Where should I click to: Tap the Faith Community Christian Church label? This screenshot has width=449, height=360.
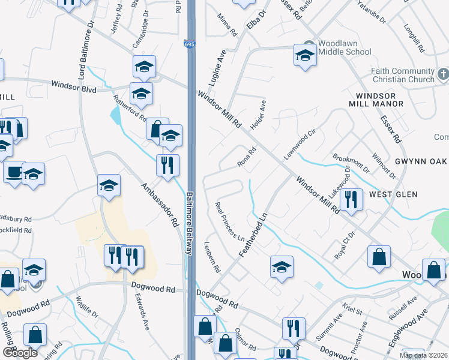[402, 75]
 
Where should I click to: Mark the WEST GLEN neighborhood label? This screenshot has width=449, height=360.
[393, 194]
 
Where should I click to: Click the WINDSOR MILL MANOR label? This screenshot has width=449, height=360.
[380, 100]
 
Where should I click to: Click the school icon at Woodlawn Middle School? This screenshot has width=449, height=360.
[305, 56]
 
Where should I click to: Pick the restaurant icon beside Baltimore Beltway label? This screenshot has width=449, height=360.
[167, 164]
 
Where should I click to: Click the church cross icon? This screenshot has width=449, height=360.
[443, 74]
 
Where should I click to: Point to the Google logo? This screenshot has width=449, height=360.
[20, 353]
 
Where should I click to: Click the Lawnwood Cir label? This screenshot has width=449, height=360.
[300, 144]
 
